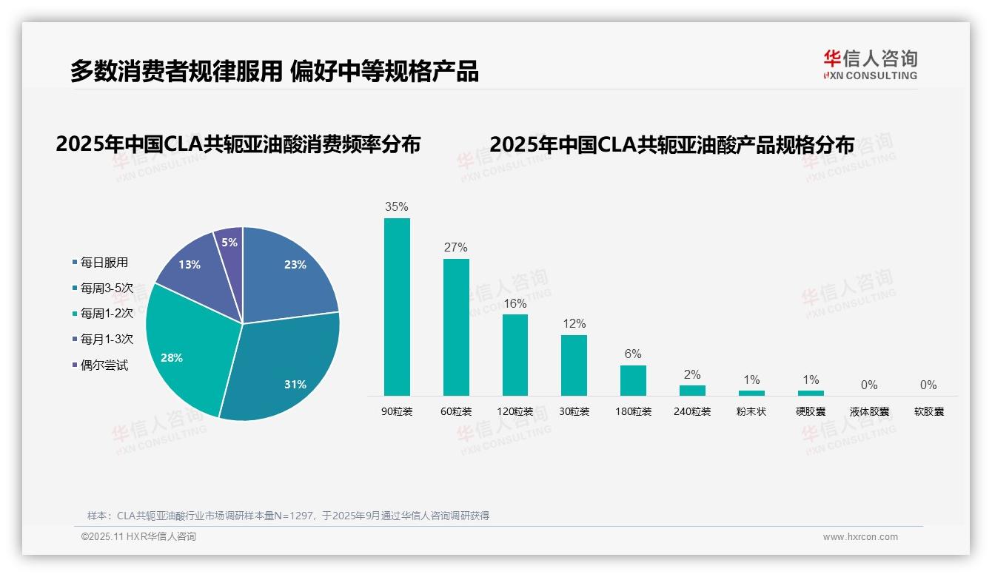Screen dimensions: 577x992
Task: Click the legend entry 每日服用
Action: (104, 263)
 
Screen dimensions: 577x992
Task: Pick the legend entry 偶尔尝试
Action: (104, 365)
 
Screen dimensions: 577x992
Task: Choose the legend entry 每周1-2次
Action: (107, 314)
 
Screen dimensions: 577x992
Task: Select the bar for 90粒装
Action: (397, 307)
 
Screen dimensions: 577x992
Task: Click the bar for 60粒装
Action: (456, 327)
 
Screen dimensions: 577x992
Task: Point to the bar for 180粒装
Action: (633, 380)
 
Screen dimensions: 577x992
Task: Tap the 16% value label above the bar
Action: (515, 304)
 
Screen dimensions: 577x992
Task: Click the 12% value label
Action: (574, 324)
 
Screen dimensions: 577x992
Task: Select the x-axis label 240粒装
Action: (692, 411)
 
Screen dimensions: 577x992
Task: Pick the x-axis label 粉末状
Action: (751, 411)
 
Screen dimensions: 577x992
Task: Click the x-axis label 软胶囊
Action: (928, 411)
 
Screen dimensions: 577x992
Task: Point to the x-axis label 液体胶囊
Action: (869, 411)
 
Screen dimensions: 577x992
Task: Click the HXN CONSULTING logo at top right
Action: (870, 65)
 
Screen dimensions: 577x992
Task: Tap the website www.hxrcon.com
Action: (860, 537)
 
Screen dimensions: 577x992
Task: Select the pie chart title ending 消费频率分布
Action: (238, 144)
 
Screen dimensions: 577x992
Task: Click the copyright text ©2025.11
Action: (138, 537)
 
